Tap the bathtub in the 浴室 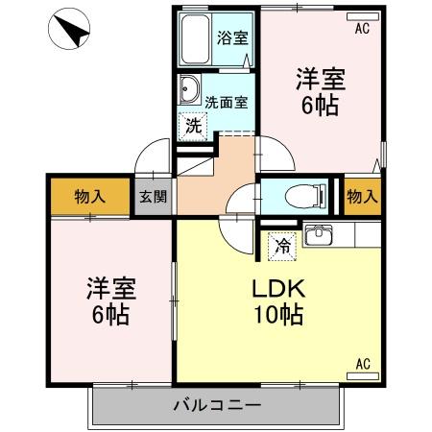point(196,39)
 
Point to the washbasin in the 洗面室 point(188,93)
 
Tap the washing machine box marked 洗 point(193,124)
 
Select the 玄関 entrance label point(153,197)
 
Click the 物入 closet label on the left point(89,197)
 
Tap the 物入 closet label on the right point(361,197)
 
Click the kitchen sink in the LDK point(318,235)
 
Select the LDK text point(277,287)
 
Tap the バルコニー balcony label point(216,404)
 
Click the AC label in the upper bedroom point(361,29)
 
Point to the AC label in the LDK point(363,363)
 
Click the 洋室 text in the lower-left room point(111,287)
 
